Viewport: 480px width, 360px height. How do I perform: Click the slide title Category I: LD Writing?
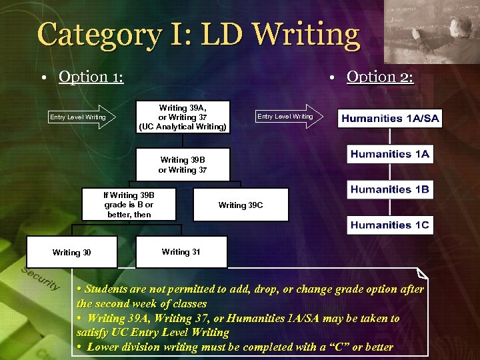(199, 35)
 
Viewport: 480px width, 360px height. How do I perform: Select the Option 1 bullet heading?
(91, 77)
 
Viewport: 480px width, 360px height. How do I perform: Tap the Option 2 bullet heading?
(380, 77)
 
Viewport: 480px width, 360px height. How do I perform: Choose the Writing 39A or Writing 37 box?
(183, 117)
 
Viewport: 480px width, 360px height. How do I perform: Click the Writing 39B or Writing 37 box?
(183, 165)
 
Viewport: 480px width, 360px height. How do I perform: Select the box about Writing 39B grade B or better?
(129, 205)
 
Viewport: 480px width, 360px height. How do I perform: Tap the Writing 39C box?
(241, 205)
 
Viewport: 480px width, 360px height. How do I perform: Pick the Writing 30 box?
(72, 252)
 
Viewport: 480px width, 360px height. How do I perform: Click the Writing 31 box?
(181, 252)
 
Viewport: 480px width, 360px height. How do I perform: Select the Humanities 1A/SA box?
(390, 119)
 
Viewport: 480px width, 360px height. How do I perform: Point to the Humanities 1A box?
(390, 154)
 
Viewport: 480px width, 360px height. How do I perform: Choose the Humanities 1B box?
(390, 189)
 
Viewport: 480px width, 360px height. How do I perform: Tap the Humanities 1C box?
(390, 225)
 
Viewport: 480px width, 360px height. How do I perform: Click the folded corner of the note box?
(421, 273)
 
